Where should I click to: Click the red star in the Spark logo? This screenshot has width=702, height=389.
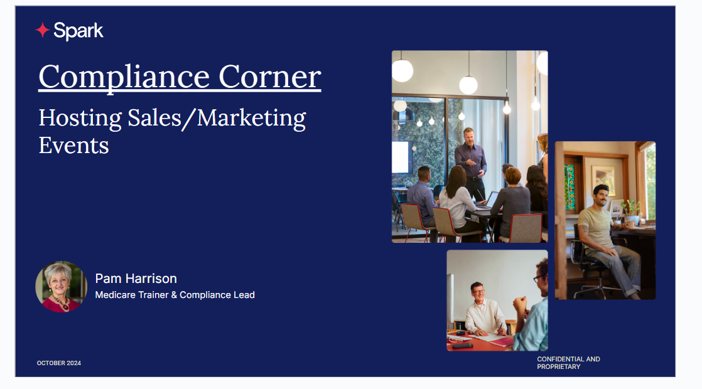[43, 30]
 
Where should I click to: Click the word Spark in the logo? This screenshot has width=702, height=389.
[78, 31]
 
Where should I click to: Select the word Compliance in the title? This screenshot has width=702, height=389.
[124, 77]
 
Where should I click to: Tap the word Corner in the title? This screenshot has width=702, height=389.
[269, 77]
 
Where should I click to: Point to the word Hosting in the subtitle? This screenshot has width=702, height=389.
[80, 119]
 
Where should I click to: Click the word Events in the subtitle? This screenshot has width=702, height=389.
[74, 146]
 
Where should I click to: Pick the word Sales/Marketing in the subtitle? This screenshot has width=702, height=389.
[217, 119]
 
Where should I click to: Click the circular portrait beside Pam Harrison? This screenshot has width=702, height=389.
[62, 287]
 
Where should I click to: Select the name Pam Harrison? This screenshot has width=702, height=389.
[136, 279]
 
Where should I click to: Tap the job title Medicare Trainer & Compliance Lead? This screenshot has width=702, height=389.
[175, 295]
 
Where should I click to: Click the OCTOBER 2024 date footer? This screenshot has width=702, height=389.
[58, 363]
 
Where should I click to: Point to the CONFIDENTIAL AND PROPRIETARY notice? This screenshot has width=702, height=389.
[569, 363]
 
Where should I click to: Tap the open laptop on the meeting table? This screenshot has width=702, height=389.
[488, 201]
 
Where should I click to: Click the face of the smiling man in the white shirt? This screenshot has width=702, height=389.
[478, 293]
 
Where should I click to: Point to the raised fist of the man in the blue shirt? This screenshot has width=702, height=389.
[521, 304]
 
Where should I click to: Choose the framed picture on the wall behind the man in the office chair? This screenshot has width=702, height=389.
[603, 180]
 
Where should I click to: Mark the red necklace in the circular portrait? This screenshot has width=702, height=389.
[62, 304]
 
